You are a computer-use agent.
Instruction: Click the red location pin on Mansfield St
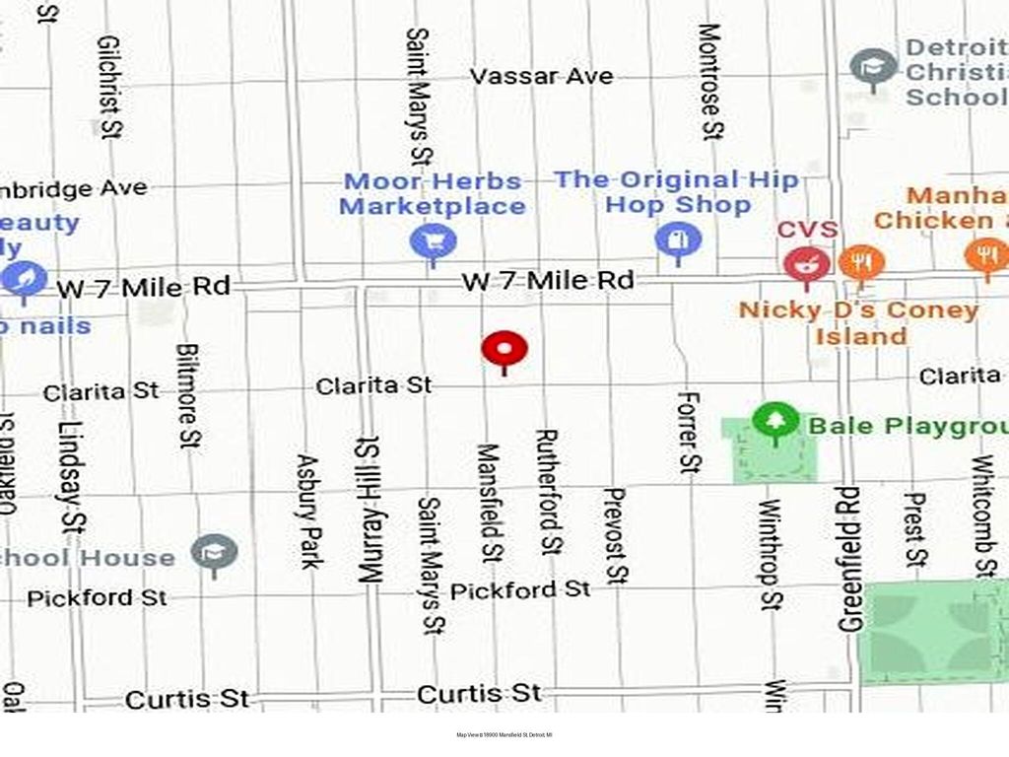point(504,350)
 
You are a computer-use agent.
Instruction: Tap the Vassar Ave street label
point(541,76)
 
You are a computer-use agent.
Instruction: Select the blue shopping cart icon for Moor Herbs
point(434,241)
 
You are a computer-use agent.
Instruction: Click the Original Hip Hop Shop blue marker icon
point(677,240)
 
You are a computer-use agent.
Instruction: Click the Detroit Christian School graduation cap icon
point(873,67)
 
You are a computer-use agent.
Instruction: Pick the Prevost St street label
point(614,535)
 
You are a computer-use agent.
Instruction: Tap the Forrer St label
point(689,431)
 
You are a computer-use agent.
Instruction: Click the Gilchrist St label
point(110,87)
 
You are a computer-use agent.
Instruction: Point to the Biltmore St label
point(189,395)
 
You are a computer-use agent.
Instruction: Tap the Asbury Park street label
point(309,511)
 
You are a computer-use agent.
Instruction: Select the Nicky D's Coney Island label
point(858,322)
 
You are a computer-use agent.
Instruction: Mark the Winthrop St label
point(770,555)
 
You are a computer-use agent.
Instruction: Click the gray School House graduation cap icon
point(214,555)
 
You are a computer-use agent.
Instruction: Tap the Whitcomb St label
point(982,515)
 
